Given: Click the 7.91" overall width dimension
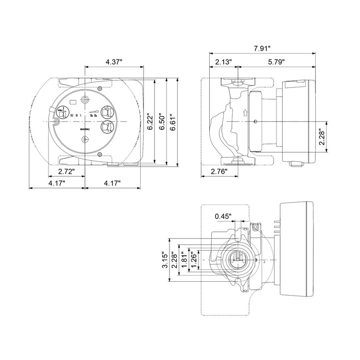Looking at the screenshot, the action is click(262, 48).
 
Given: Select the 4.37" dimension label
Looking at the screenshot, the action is click(114, 62).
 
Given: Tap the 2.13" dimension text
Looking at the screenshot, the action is click(223, 62).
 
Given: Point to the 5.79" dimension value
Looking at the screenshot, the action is click(276, 62).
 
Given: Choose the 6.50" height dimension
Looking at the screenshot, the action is click(162, 121).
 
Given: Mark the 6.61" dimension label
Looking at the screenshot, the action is click(173, 122).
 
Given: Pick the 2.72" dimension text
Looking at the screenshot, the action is click(67, 171).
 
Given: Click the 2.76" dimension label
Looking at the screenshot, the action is click(219, 171).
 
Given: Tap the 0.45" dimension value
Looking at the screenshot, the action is click(223, 216).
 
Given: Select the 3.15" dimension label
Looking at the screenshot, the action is click(165, 260).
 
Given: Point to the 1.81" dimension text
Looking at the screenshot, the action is click(184, 260).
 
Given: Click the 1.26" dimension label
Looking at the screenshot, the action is click(194, 260).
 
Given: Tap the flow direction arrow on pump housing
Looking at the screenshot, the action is click(245, 113).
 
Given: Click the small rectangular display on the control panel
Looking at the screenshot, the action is click(73, 102).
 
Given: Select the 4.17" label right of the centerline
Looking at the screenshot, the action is click(112, 183).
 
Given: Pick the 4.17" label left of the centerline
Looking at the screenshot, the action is click(57, 183).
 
